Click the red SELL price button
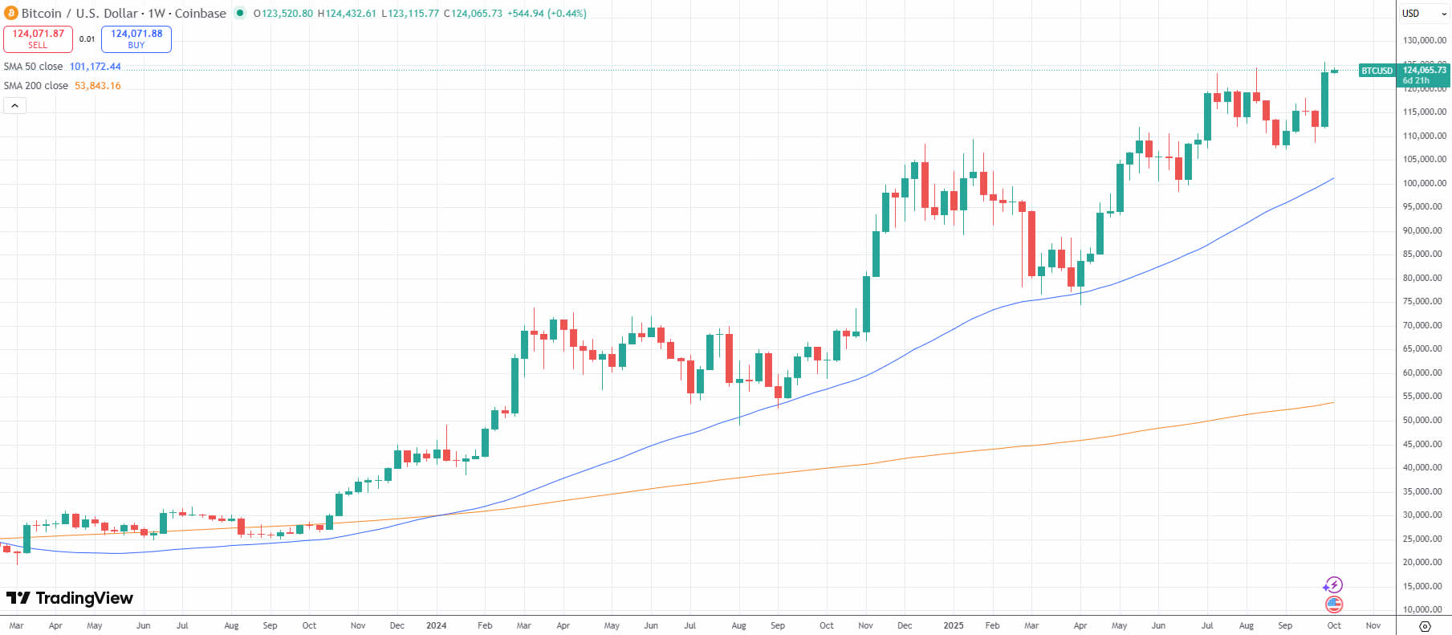click(38, 39)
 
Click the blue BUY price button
click(136, 39)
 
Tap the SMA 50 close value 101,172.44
click(96, 67)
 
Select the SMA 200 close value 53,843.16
click(98, 86)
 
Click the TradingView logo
click(70, 598)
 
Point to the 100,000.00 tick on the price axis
click(1424, 183)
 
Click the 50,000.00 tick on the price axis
click(1424, 420)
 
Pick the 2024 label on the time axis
click(436, 625)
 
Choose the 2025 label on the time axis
click(953, 625)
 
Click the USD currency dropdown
click(1424, 14)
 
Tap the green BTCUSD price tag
click(1377, 71)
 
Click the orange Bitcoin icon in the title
click(11, 14)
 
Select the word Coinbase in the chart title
click(201, 14)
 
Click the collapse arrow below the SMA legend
click(14, 105)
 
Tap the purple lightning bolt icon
click(1333, 585)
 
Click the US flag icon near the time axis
click(1334, 604)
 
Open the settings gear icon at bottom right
click(1425, 626)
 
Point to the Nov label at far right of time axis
click(1373, 625)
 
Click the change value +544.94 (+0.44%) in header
click(547, 14)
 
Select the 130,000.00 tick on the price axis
click(1424, 40)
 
